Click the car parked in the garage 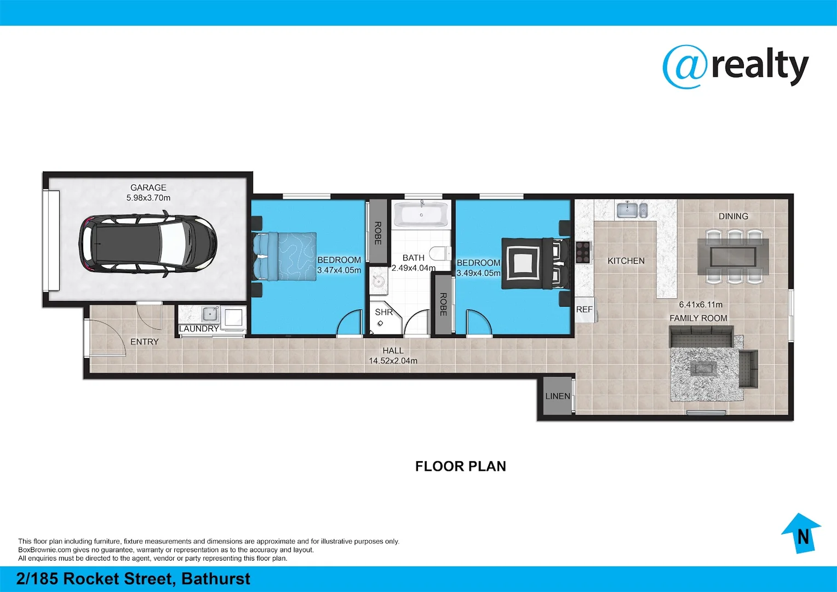(148, 243)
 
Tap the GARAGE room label (148, 187)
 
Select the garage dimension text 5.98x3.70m (148, 198)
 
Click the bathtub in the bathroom (421, 214)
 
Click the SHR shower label (383, 312)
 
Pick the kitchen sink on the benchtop (632, 209)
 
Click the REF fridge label (584, 310)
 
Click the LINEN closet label (558, 396)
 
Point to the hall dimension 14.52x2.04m (393, 361)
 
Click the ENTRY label (145, 341)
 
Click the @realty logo (735, 67)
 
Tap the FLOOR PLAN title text (460, 466)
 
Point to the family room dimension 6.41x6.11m (700, 305)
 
